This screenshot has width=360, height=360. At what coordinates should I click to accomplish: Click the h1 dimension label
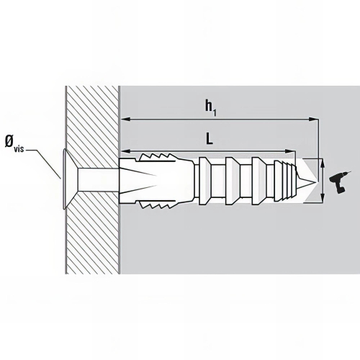pyautogui.click(x=210, y=107)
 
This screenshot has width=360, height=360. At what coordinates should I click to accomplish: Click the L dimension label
pyautogui.click(x=210, y=139)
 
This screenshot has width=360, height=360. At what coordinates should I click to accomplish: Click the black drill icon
pyautogui.click(x=339, y=182)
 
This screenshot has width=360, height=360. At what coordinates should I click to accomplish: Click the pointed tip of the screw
pyautogui.click(x=317, y=181)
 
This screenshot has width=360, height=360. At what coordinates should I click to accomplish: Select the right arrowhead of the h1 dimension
pyautogui.click(x=313, y=119)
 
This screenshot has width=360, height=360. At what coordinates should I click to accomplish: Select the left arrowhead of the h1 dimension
pyautogui.click(x=125, y=119)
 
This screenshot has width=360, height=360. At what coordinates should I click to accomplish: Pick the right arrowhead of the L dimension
pyautogui.click(x=290, y=151)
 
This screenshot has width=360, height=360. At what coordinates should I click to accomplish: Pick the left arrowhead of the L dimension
pyautogui.click(x=125, y=151)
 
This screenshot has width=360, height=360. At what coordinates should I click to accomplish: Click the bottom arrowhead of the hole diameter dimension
pyautogui.click(x=323, y=197)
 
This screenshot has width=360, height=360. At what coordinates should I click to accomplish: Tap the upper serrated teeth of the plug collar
pyautogui.click(x=156, y=157)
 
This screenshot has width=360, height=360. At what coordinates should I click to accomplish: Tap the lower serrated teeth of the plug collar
pyautogui.click(x=156, y=204)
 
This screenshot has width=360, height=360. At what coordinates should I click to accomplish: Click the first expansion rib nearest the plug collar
pyautogui.click(x=205, y=181)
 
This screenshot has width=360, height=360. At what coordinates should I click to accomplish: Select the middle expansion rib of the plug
pyautogui.click(x=232, y=181)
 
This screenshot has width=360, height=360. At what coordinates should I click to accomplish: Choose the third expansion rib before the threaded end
pyautogui.click(x=258, y=181)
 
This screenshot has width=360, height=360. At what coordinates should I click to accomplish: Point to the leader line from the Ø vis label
pyautogui.click(x=43, y=164)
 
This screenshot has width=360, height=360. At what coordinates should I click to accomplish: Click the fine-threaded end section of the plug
pyautogui.click(x=285, y=181)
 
